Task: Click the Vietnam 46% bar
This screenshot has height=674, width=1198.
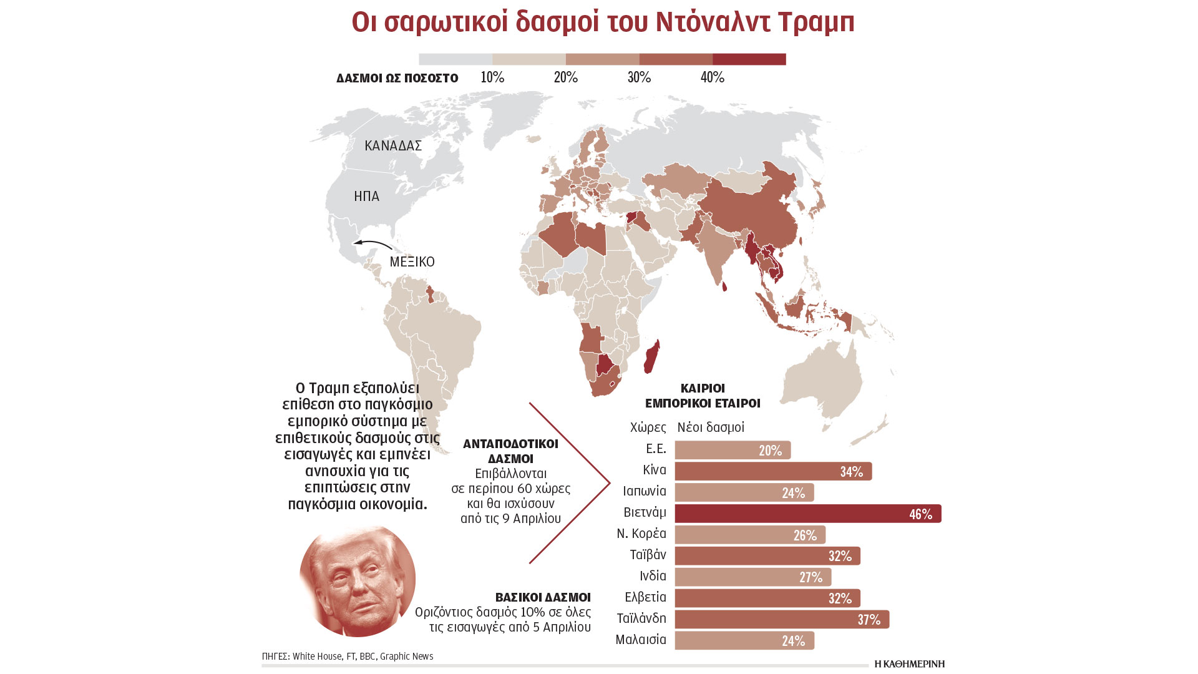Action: point(807,514)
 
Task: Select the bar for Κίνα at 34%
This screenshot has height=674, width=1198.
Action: point(772,471)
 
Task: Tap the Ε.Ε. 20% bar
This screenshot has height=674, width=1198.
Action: point(732,450)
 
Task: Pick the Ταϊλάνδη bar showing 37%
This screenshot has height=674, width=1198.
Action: point(781,619)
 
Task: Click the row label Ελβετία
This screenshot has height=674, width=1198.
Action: point(645,597)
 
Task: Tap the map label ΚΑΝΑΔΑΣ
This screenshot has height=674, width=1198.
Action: point(393,146)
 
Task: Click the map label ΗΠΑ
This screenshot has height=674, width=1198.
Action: point(366,197)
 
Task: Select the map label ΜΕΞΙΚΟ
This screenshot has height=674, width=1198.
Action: point(412,262)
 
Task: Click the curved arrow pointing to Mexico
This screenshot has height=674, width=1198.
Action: point(373,243)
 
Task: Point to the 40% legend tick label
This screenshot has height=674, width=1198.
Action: point(712,77)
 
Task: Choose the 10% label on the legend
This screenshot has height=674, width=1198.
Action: point(492,77)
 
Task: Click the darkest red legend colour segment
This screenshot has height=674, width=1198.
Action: point(749,59)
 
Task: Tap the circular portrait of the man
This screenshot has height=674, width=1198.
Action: point(357,580)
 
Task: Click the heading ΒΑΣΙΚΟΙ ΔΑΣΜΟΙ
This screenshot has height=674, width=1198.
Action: point(543,597)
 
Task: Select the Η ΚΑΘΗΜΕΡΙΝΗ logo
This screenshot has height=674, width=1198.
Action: point(909,664)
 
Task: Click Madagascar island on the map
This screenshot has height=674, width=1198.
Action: point(652,356)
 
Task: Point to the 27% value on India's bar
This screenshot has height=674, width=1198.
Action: point(811,577)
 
